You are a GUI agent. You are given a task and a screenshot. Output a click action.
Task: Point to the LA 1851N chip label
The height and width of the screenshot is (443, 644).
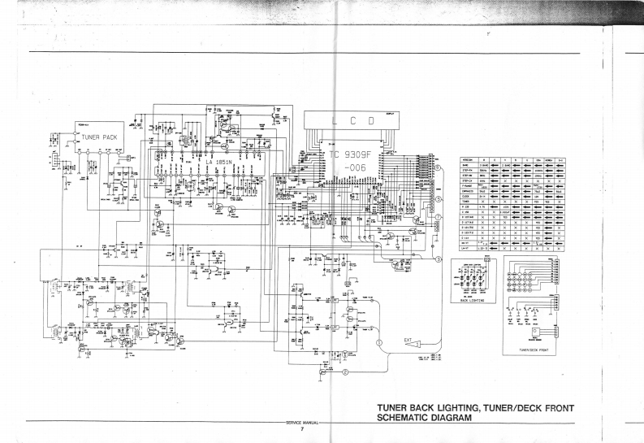(219, 163)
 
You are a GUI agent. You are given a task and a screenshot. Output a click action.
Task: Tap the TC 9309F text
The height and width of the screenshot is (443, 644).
(349, 154)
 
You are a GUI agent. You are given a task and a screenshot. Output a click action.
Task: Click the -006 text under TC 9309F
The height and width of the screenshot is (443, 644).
(357, 168)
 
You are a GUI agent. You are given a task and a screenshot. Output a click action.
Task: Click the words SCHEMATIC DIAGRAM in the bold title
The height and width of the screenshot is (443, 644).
(425, 418)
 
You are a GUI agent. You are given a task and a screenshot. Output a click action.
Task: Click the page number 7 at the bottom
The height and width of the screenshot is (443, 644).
(301, 430)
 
